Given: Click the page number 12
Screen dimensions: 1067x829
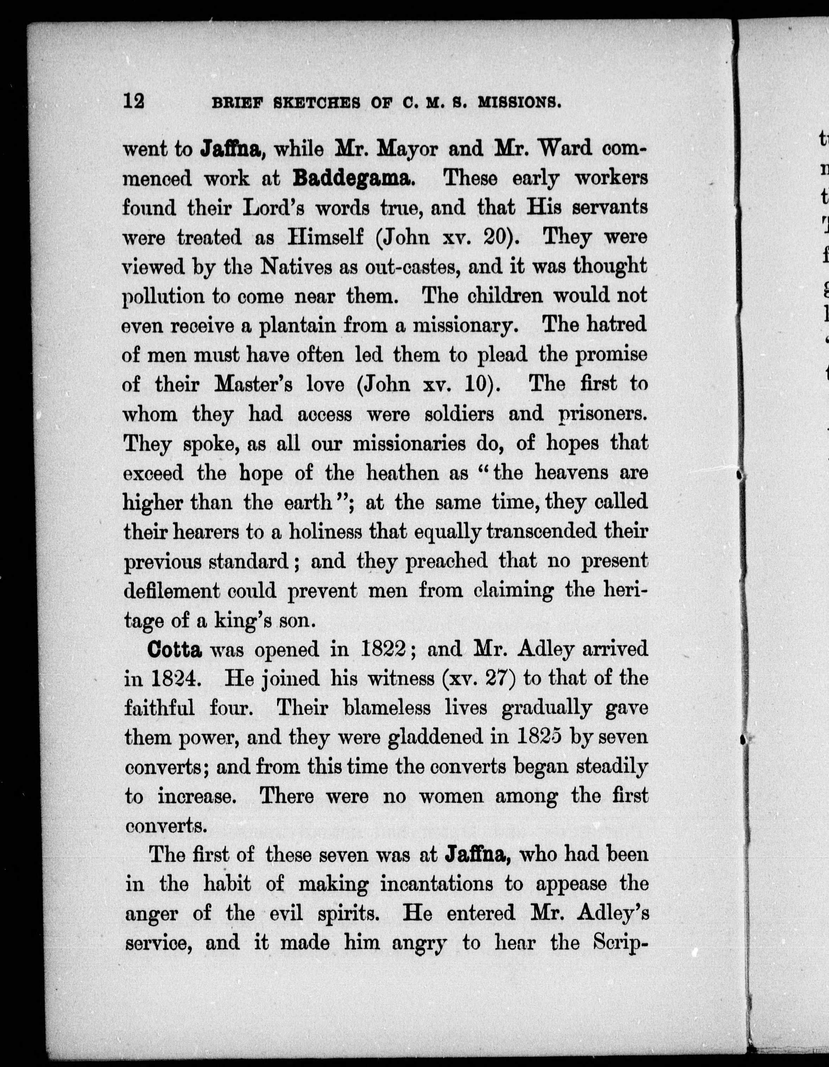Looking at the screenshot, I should tap(134, 101).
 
